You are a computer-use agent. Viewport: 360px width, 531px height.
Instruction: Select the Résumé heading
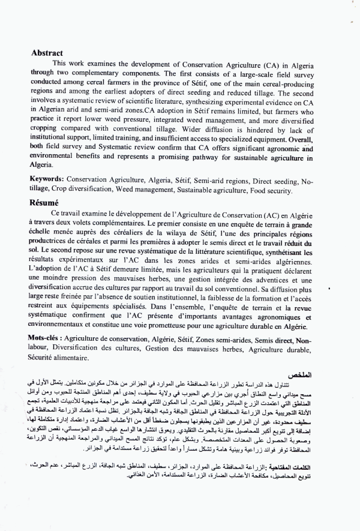(x=46, y=203)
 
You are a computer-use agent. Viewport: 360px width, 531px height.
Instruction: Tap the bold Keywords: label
(x=47, y=179)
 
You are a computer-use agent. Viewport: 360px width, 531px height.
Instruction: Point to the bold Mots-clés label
(x=47, y=339)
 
